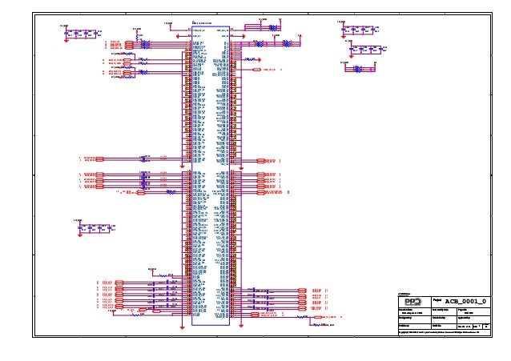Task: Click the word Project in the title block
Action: tap(440, 299)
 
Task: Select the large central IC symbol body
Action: tap(211, 172)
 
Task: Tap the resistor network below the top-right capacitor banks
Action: tap(358, 68)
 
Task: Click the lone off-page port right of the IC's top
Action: tap(268, 70)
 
